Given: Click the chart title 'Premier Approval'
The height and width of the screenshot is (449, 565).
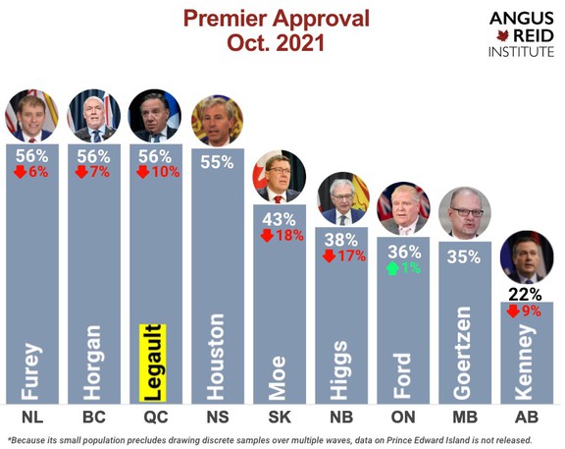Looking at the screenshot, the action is click(x=277, y=19).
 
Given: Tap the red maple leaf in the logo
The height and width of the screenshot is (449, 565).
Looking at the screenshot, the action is click(x=502, y=36).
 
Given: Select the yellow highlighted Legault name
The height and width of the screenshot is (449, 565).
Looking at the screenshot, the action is click(x=153, y=363).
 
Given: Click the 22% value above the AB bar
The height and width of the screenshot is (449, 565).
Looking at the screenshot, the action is click(x=525, y=295).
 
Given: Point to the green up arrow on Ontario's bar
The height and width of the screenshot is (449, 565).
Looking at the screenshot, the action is click(x=392, y=268).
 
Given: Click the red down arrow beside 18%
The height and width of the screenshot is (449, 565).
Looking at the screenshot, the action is click(x=267, y=236).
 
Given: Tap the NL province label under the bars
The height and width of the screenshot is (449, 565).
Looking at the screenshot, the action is click(x=32, y=417).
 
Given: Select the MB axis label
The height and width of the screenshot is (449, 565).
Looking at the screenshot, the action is click(x=465, y=417).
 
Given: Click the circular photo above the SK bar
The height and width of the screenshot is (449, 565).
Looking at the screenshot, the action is click(x=280, y=177).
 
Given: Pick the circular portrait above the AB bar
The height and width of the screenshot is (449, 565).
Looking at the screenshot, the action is click(x=527, y=257).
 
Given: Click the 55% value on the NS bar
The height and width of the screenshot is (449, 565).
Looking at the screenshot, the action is click(x=217, y=162).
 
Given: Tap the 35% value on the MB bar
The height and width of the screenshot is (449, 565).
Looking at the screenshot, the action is click(x=464, y=257).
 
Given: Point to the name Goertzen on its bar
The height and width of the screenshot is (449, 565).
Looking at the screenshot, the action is click(x=463, y=353).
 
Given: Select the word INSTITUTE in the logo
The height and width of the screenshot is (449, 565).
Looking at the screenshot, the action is click(x=521, y=52).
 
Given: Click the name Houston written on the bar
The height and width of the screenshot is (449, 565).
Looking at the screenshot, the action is click(x=216, y=357).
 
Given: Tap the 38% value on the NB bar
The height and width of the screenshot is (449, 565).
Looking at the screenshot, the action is click(x=341, y=240).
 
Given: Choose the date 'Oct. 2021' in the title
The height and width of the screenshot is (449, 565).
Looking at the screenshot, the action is click(x=276, y=43).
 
